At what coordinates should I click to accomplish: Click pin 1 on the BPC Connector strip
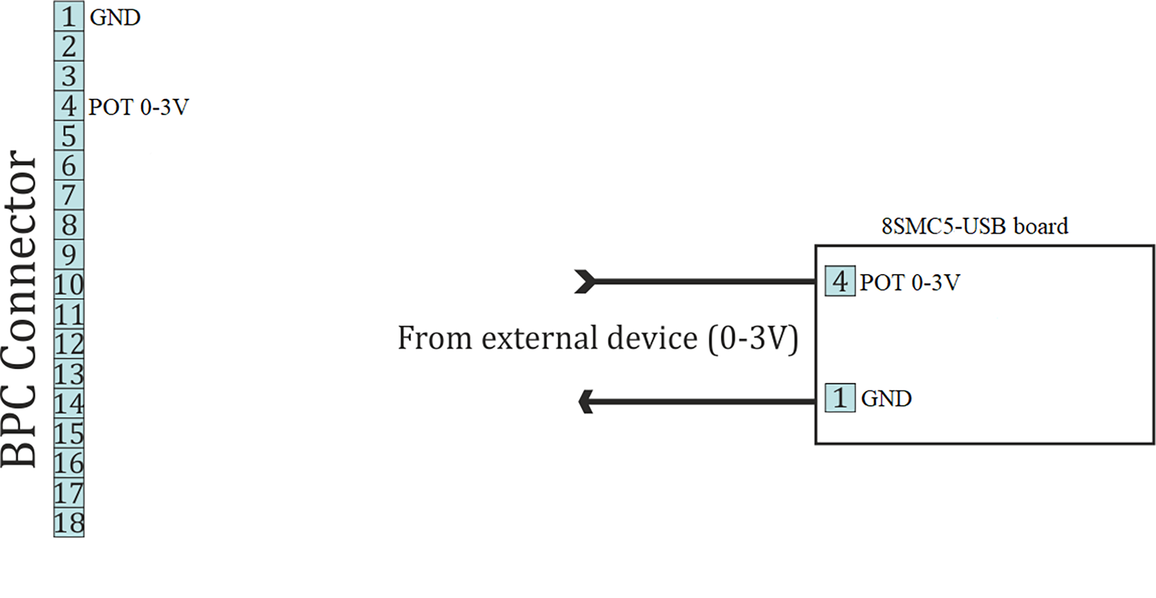click(x=69, y=17)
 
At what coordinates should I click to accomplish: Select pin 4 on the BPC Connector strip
click(x=69, y=106)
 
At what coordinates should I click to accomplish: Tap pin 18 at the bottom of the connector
click(x=69, y=523)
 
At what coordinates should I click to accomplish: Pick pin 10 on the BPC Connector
click(x=69, y=284)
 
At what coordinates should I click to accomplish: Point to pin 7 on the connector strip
click(x=69, y=195)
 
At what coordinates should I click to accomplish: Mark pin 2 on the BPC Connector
click(x=69, y=46)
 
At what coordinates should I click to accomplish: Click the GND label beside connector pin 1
click(x=115, y=17)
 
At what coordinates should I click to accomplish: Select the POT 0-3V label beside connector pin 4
click(x=139, y=107)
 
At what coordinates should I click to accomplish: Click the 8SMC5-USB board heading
click(x=974, y=226)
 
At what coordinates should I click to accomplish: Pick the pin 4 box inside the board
click(x=840, y=281)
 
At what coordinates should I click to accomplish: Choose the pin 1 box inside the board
click(x=840, y=397)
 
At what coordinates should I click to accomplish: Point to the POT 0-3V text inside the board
click(x=910, y=283)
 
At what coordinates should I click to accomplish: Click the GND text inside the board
click(x=886, y=399)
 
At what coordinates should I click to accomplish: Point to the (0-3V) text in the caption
click(x=753, y=339)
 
